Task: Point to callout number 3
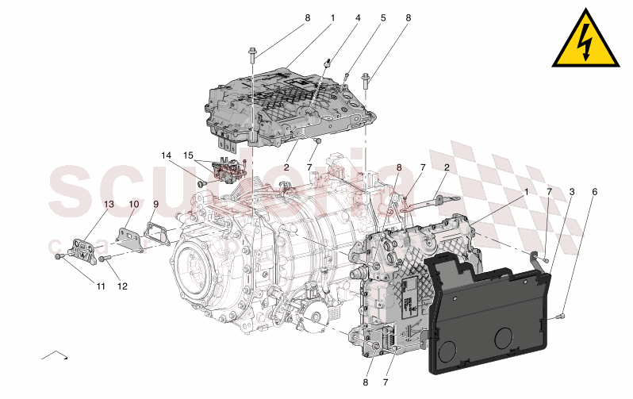coord(572,192)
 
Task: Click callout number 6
coord(594,192)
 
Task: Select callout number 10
coord(134,204)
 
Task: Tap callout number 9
coord(155,204)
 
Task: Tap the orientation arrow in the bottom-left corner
coord(54,355)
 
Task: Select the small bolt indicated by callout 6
coord(562,316)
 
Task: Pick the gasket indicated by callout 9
coord(157,234)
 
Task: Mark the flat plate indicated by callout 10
coord(128,237)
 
